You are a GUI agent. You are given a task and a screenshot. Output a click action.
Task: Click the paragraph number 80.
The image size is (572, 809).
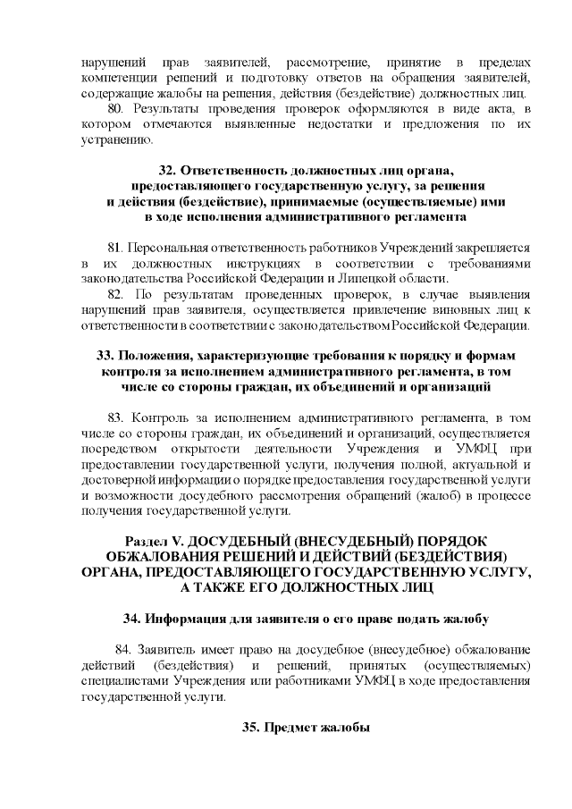tap(114, 109)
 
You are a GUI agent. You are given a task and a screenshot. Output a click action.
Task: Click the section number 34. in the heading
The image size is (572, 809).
tap(131, 619)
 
